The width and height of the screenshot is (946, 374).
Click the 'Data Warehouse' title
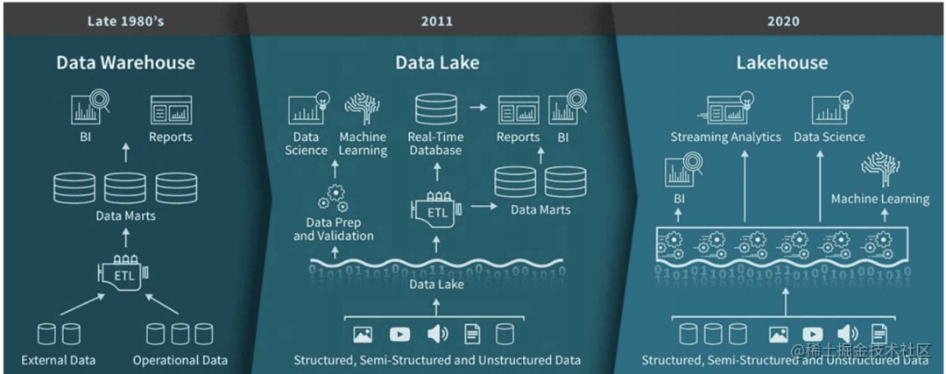click(x=125, y=63)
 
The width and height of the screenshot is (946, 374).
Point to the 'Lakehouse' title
click(x=781, y=63)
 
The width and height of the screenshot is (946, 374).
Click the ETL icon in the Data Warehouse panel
click(x=124, y=275)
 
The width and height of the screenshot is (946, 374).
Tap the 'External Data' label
click(x=59, y=360)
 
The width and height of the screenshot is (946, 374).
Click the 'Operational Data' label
click(x=180, y=360)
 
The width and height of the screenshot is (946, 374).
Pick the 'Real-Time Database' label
click(x=435, y=144)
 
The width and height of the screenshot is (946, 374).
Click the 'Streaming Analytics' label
click(x=725, y=137)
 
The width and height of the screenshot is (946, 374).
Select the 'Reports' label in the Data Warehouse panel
click(x=170, y=137)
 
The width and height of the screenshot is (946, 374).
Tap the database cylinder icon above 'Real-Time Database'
click(x=435, y=109)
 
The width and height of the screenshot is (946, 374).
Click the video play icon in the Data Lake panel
click(x=399, y=334)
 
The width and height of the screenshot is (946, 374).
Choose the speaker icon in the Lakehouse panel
click(x=846, y=334)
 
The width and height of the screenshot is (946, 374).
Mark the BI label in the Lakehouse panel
click(x=679, y=199)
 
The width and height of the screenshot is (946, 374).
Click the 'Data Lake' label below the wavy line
click(x=435, y=284)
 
